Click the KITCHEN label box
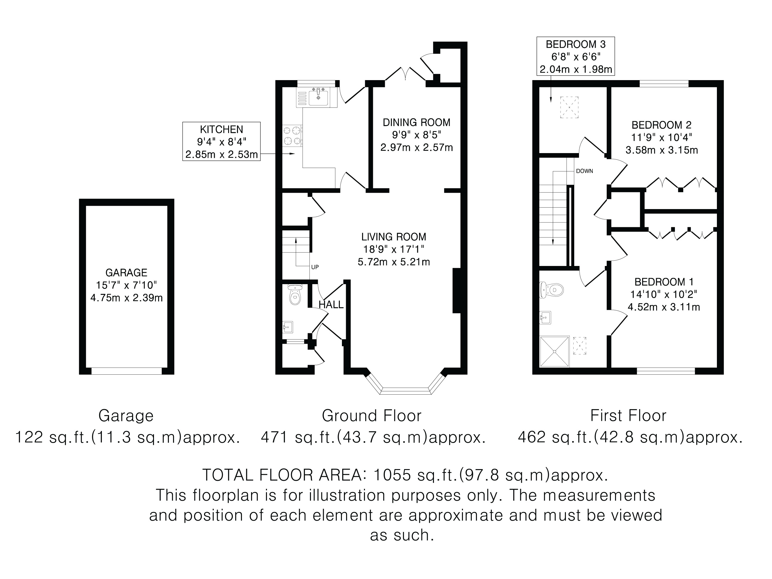(221, 141)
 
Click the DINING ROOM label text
(416, 122)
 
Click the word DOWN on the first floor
(585, 171)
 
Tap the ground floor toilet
(295, 295)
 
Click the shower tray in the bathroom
(555, 351)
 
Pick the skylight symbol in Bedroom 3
(569, 107)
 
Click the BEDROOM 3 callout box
(575, 56)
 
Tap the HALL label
(331, 305)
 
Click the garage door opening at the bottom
(127, 371)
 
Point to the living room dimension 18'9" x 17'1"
(393, 249)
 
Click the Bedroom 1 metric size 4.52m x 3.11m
(664, 307)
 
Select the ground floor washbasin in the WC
(288, 327)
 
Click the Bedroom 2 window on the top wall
(664, 83)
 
